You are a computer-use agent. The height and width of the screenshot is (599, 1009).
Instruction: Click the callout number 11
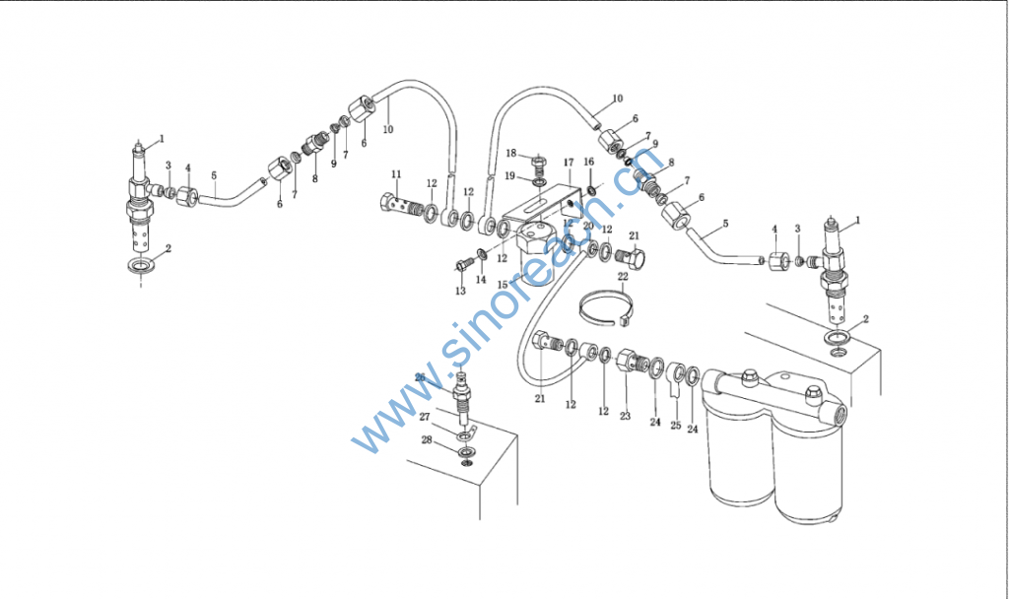point(396,174)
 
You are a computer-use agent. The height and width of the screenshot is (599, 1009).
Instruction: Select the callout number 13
point(460,292)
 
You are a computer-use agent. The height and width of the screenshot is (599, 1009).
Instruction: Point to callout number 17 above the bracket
point(569,162)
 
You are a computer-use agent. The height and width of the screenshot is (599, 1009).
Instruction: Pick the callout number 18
point(511,153)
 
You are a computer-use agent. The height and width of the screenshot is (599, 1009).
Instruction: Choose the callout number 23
point(625,417)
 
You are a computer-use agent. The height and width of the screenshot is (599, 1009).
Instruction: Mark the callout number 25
point(675,426)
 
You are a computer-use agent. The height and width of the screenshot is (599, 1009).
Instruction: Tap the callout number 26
point(420,377)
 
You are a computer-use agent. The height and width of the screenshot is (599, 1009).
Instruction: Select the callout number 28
point(426,440)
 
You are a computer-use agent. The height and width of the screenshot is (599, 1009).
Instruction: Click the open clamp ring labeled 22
point(603,306)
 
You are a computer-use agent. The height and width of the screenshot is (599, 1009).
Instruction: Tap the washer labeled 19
point(540,181)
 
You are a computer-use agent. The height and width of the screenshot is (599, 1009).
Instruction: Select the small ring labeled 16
point(590,189)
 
